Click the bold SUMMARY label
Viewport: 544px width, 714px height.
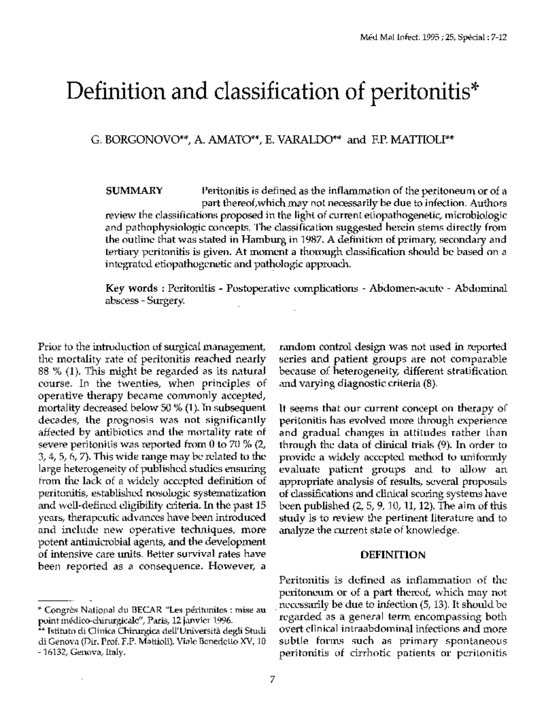pos(134,190)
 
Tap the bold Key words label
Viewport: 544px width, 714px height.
pos(131,288)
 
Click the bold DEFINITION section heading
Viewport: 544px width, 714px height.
pos(393,554)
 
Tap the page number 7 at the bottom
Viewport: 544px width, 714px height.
pos(272,679)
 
